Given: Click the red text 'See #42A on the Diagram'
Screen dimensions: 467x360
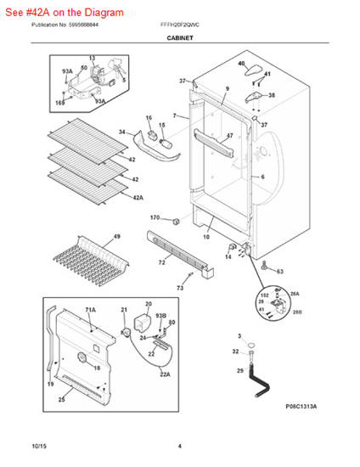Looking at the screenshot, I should tap(63, 13).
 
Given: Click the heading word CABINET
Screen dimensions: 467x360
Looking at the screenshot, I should tap(179, 39).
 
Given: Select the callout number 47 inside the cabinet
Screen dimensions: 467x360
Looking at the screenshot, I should tap(228, 136).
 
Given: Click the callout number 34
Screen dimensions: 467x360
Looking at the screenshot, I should tap(122, 132).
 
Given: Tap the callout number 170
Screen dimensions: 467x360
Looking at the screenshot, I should tap(155, 218).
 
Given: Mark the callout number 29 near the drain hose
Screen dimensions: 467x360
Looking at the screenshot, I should tap(239, 371).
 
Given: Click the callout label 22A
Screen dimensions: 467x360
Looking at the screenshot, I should tap(165, 374).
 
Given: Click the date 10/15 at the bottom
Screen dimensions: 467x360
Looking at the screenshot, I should tap(38, 447).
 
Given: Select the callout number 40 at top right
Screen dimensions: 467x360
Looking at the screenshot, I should tap(241, 64).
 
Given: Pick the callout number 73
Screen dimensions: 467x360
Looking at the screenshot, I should tap(180, 289).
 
